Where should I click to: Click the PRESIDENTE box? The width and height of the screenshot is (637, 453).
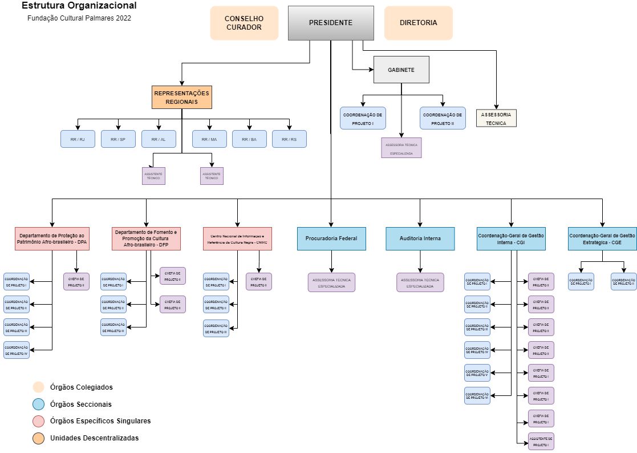point(331,23)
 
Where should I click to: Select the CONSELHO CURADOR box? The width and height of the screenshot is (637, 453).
point(244,23)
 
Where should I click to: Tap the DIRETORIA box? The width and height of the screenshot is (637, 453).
point(418,23)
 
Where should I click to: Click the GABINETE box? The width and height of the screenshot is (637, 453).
point(401,70)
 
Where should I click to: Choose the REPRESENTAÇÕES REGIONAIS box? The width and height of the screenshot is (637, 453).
point(182,97)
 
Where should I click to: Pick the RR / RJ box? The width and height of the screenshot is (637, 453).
point(78,139)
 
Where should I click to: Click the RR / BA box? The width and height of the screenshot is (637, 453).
point(249,139)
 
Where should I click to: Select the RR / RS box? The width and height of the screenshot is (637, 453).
point(289,139)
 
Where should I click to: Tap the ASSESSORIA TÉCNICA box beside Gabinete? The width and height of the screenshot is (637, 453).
point(496,119)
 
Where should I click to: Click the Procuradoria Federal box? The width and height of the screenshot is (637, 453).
point(331,238)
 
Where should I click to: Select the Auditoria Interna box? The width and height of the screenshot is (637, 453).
point(420,238)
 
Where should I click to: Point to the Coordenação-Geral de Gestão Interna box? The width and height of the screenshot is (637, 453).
point(511,238)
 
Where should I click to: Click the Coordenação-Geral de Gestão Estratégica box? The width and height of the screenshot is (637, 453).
point(602,238)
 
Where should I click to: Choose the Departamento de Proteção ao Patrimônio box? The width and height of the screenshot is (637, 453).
point(52,238)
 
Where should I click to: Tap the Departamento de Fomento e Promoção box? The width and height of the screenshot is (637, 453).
point(147,238)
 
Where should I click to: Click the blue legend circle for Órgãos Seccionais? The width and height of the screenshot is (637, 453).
point(39,405)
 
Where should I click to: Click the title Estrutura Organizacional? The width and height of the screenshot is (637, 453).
point(79,6)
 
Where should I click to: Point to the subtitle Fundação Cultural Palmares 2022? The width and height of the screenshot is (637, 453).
point(79,18)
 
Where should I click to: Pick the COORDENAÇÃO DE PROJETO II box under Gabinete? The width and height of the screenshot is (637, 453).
point(443,119)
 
